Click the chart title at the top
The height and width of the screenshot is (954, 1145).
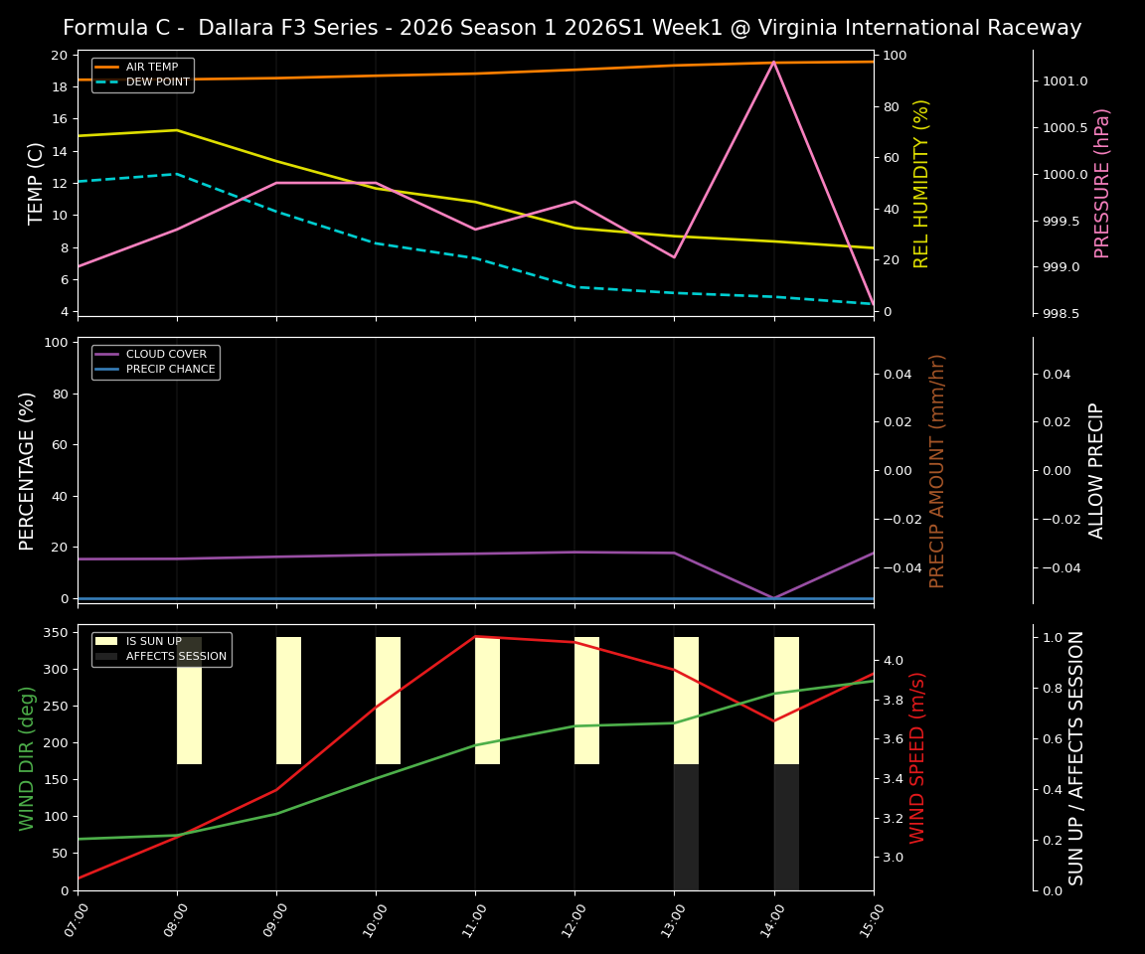572,28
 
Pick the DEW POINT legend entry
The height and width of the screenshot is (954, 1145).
157,81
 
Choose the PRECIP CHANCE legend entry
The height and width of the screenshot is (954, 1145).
170,369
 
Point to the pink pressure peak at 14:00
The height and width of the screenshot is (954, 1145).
773,62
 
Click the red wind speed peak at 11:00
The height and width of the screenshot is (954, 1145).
475,636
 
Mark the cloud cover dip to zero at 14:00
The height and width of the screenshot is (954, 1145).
773,597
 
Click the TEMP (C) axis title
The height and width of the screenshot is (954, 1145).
36,183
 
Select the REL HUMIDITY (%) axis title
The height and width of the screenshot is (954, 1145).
921,183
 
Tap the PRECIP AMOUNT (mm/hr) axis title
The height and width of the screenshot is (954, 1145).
937,470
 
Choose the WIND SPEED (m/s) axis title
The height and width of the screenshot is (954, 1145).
917,757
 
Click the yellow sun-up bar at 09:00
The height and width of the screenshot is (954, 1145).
288,701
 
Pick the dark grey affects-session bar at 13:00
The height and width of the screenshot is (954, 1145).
686,827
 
